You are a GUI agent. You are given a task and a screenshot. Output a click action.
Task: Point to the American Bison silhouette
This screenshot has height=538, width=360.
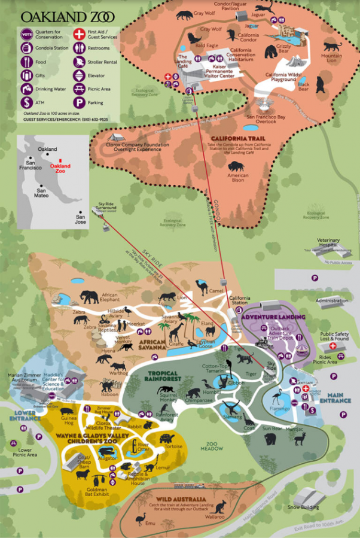pyautogui.click(x=237, y=163)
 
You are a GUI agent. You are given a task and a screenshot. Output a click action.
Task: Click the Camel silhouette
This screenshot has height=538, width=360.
pyautogui.click(x=201, y=287)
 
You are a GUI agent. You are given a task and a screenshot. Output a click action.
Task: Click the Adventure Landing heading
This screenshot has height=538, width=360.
pyautogui.click(x=274, y=317)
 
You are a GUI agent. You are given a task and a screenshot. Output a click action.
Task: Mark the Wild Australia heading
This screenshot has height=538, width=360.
pyautogui.click(x=181, y=499)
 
